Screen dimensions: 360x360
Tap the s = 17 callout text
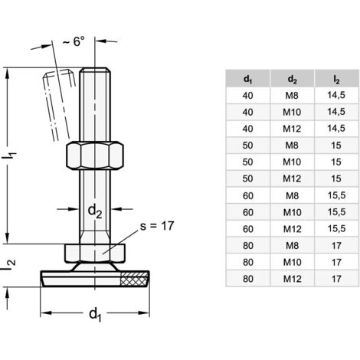tap(164, 226)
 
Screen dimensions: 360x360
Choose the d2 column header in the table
tap(292, 77)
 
